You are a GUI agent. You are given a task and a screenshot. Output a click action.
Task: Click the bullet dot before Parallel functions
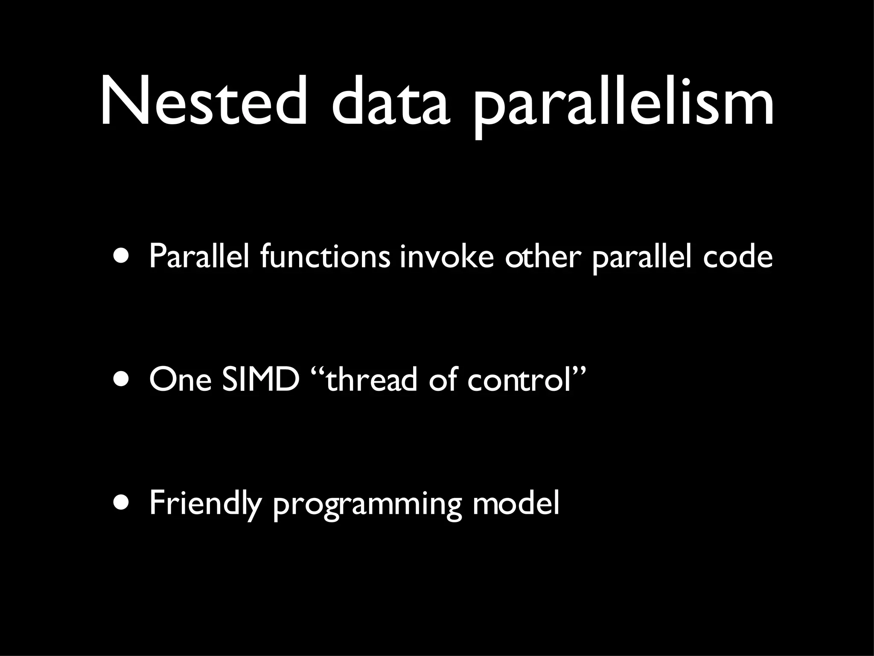[122, 256]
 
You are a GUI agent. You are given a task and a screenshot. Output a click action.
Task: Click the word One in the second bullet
[180, 380]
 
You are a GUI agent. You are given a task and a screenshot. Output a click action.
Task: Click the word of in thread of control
[444, 380]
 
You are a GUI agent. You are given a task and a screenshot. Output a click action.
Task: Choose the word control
[519, 380]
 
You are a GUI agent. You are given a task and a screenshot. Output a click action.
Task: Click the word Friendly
[205, 504]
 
